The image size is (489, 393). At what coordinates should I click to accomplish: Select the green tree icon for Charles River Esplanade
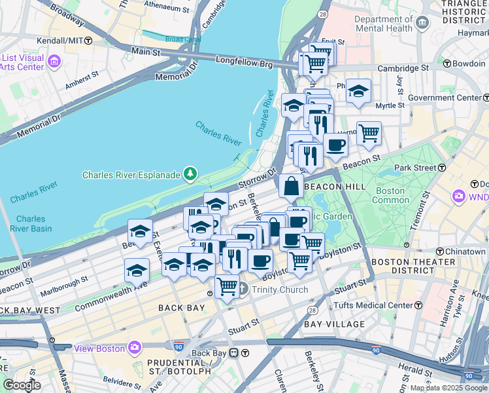coord(190,174)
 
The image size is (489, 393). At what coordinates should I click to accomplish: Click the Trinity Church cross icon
coord(242,288)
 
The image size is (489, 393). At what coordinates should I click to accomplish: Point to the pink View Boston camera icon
coord(135,347)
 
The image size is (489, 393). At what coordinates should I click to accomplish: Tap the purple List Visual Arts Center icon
coord(54,62)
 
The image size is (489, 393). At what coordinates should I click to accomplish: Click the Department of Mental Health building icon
coord(422,24)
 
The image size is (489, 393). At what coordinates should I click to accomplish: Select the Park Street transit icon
coord(442,168)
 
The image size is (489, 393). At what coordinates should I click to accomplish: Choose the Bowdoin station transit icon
coord(447,64)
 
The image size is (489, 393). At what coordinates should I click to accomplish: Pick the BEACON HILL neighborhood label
coord(335,187)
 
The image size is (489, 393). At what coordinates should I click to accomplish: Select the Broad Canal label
coord(182,39)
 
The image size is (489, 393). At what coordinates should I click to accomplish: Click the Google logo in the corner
coord(22,385)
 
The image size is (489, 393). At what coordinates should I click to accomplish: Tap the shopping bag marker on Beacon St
coord(290,186)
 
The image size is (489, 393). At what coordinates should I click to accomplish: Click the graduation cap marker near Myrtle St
coord(359,91)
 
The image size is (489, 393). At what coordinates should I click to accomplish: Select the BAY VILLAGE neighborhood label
coord(334,324)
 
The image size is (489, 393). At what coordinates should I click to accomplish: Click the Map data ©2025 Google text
coord(448,388)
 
